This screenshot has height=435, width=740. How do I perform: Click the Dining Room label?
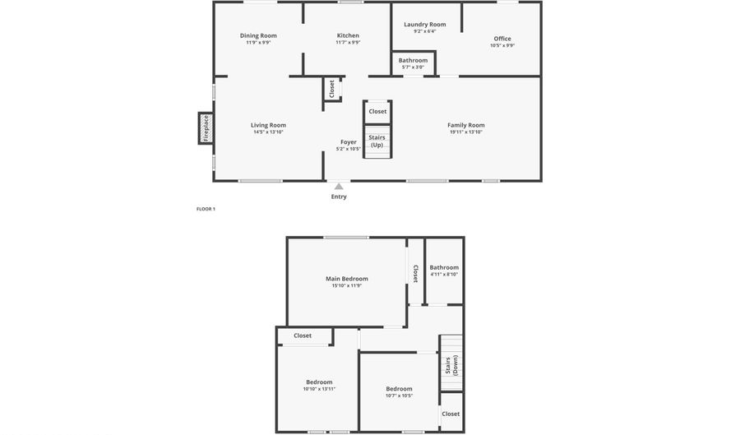point(258,35)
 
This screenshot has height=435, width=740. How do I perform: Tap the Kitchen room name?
point(348,35)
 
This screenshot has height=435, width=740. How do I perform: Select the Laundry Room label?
point(424,25)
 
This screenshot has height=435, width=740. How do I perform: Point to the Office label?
point(502,39)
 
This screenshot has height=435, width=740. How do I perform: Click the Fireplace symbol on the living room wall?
point(206,127)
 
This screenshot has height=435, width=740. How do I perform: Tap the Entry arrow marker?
point(339,187)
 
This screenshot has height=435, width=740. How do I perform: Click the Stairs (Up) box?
point(377,141)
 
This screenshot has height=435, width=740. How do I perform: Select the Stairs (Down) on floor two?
point(451,366)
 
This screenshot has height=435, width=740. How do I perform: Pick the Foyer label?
point(349,142)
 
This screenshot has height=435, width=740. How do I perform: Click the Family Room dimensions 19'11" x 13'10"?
point(466,132)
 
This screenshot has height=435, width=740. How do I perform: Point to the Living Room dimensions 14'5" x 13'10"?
point(268,132)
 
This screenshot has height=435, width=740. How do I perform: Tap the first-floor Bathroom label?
point(413,60)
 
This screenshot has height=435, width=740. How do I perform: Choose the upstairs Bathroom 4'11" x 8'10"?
point(444,274)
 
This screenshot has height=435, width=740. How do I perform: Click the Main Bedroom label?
point(346,279)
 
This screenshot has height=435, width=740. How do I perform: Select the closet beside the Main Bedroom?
point(415,272)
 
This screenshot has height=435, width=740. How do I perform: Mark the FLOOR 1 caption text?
point(206,209)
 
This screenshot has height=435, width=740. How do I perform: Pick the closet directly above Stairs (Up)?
point(377,111)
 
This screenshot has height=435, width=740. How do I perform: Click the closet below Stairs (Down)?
point(451,414)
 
